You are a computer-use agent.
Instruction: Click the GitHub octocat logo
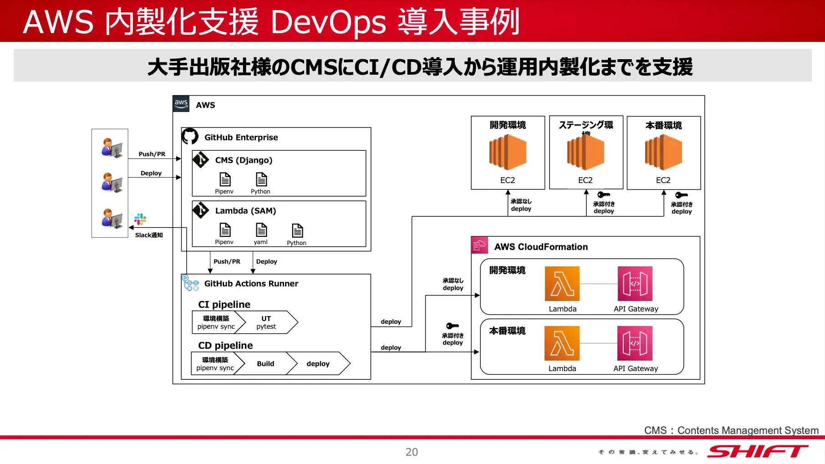(190, 136)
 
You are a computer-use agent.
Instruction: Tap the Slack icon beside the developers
(140, 219)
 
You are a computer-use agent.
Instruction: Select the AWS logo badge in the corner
(181, 104)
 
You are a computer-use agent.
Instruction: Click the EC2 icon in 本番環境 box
(663, 153)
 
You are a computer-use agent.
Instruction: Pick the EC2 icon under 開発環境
(508, 153)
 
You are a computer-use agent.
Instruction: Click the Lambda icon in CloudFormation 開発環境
(562, 284)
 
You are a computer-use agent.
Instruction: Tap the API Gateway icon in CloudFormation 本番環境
(635, 343)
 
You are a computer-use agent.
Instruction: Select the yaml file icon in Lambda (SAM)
(261, 230)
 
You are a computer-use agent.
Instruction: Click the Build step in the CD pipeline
(265, 363)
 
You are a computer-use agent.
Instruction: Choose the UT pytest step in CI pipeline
(267, 322)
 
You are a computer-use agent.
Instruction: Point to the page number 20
(412, 452)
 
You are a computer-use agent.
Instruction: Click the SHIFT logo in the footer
(758, 451)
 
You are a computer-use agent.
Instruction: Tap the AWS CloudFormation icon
(479, 246)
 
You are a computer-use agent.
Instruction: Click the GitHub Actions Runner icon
(190, 283)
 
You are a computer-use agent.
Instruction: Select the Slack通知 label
(149, 235)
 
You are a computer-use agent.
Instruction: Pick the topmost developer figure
(111, 148)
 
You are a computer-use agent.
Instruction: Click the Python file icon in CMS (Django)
(261, 179)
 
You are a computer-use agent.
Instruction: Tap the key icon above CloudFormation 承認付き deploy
(452, 326)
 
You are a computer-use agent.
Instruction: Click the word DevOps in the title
(328, 22)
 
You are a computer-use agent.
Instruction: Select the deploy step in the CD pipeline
(318, 363)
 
